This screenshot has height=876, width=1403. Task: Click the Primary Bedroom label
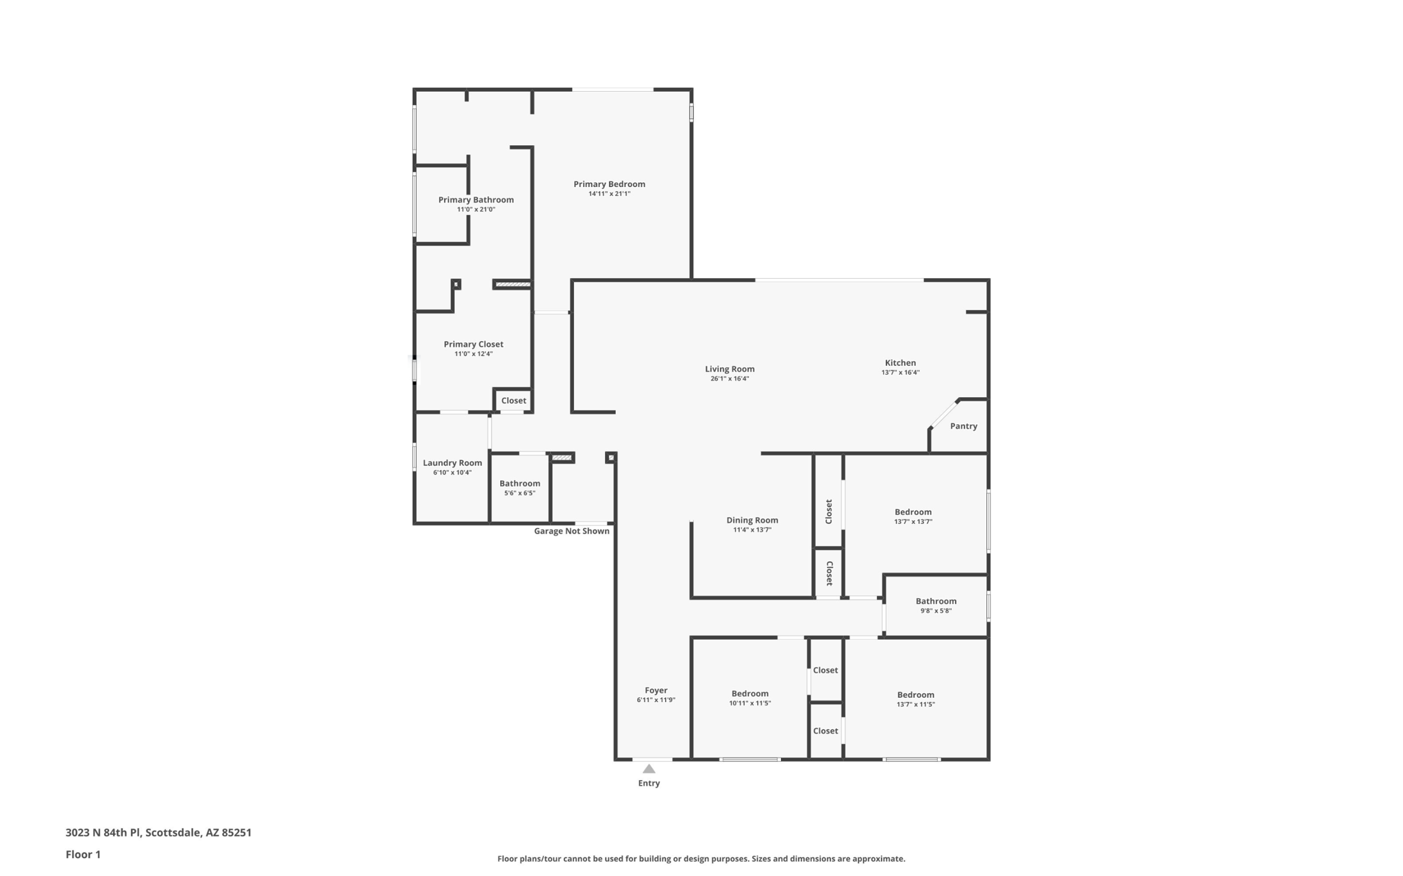(609, 184)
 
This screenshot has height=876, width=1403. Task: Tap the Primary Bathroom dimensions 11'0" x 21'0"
(476, 210)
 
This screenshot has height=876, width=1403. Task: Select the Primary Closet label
(473, 345)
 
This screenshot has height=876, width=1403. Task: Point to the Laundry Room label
(452, 463)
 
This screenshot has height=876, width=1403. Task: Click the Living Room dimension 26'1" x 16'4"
(730, 379)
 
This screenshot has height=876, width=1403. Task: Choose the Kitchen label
(900, 363)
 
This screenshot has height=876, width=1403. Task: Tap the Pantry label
(963, 426)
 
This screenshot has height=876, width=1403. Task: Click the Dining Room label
(752, 521)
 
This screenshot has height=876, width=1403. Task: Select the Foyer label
(656, 690)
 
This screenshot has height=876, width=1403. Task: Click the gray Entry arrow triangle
(649, 769)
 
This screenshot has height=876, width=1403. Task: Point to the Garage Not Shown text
(571, 531)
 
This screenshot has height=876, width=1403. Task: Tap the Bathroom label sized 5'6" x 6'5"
(519, 484)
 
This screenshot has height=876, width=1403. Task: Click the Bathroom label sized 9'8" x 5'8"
(936, 601)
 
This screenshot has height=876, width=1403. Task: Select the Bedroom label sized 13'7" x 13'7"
(912, 512)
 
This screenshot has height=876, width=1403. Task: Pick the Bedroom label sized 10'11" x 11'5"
(749, 694)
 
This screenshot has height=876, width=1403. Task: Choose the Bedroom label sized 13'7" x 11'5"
(915, 695)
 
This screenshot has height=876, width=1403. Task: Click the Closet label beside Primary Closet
(513, 401)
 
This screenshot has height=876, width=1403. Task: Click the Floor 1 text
(83, 855)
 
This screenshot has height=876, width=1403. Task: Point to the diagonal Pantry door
(944, 414)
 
